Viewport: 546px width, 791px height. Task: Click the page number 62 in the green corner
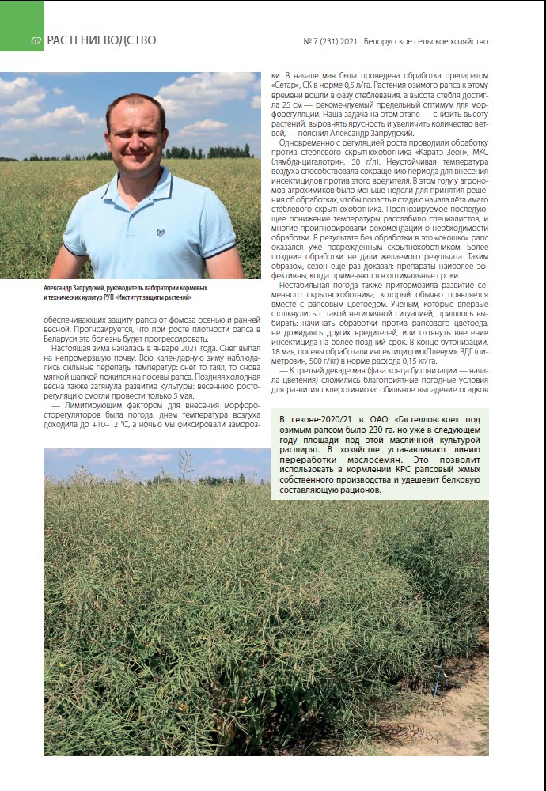36,41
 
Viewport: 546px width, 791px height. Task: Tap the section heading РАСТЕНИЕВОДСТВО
101,40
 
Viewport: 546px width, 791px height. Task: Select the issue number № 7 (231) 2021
331,41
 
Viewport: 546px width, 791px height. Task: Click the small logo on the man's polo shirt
160,232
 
